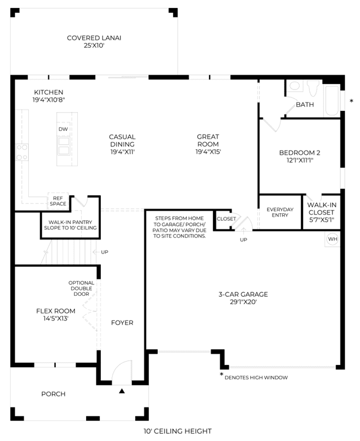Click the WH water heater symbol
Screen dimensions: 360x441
click(x=332, y=239)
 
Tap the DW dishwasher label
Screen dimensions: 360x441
click(x=63, y=129)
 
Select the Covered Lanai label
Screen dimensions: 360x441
click(x=94, y=42)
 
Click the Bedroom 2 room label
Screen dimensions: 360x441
click(x=300, y=157)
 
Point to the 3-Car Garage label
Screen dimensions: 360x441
click(x=243, y=298)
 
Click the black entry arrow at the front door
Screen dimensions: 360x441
click(x=122, y=391)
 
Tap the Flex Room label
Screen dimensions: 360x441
click(x=56, y=315)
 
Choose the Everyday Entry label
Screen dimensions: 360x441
click(x=280, y=212)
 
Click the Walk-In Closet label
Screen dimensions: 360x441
click(x=322, y=212)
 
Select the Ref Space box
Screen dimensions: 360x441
click(x=58, y=201)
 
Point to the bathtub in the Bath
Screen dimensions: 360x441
click(x=332, y=101)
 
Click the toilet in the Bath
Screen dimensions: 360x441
click(x=313, y=88)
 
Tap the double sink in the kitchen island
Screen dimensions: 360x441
click(x=64, y=146)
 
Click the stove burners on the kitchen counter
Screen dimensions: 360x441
click(x=22, y=152)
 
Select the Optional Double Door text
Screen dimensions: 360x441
click(x=81, y=288)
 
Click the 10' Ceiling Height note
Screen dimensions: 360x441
click(x=177, y=431)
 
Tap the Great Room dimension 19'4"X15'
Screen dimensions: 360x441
click(x=208, y=152)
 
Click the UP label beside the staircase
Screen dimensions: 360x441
click(x=104, y=252)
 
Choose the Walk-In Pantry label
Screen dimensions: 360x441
click(x=70, y=225)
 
